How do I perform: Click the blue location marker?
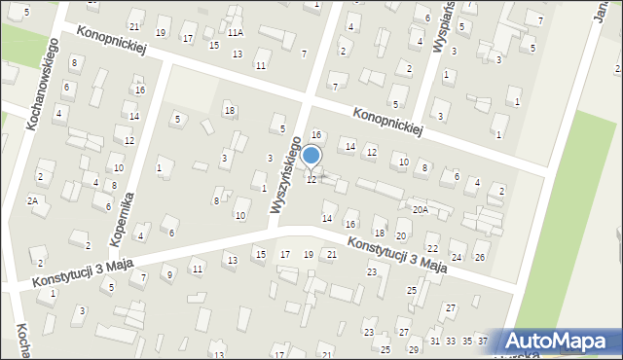click(311, 156)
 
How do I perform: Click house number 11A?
click(236, 32)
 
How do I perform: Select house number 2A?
click(32, 200)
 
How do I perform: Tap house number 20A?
click(420, 209)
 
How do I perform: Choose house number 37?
click(482, 341)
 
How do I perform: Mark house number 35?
click(466, 341)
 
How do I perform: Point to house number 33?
click(451, 341)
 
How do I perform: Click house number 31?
click(435, 341)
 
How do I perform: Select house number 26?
click(480, 257)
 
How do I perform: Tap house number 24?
click(456, 257)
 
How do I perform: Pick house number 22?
click(432, 250)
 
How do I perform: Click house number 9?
click(168, 274)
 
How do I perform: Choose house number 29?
click(413, 349)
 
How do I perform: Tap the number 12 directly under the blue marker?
click(311, 180)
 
